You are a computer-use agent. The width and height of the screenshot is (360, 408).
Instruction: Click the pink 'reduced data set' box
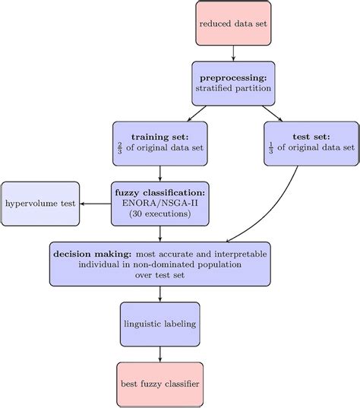point(233,23)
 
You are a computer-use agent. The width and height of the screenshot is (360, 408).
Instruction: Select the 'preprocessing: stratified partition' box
point(233,84)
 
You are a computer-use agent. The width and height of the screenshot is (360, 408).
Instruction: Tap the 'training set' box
point(159,143)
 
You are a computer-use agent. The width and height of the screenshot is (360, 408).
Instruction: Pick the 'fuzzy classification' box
point(159,203)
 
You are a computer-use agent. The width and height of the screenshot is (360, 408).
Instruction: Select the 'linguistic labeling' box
point(159,324)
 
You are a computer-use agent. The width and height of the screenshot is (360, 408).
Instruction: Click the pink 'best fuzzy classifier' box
point(159,384)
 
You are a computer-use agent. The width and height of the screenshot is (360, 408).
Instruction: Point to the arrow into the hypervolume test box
point(95,204)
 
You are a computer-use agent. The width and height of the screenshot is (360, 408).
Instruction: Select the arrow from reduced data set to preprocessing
point(233,53)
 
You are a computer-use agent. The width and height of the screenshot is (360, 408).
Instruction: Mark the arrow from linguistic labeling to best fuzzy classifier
point(159,353)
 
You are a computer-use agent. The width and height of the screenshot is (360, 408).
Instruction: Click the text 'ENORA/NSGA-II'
point(159,203)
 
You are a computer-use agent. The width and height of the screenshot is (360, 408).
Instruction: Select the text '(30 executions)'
point(159,215)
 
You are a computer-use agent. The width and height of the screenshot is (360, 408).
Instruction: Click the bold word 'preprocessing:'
point(233,77)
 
